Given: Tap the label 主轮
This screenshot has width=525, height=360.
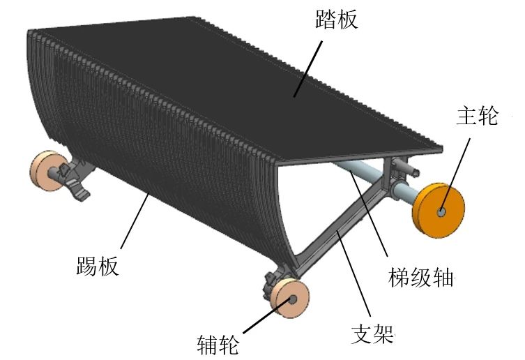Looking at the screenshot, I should [478, 116].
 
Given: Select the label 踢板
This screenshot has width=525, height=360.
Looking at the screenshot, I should [97, 267].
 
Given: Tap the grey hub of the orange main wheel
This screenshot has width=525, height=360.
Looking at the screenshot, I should [442, 211].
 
